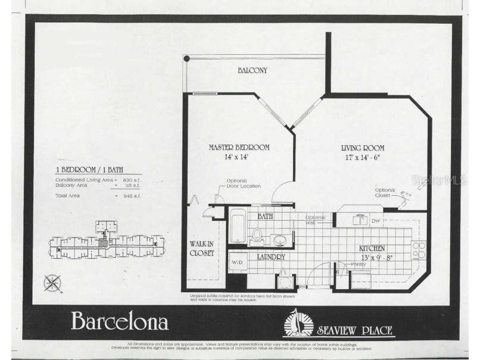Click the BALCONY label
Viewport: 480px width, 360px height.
click(253, 70)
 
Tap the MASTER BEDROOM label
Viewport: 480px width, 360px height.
click(239, 147)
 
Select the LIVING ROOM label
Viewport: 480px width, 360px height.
click(362, 148)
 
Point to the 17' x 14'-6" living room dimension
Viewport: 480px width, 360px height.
click(362, 158)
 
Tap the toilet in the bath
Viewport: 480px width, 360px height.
click(257, 234)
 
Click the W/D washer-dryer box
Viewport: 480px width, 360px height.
click(237, 262)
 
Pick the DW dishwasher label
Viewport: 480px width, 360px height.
click(375, 220)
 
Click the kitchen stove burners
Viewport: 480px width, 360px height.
click(419, 249)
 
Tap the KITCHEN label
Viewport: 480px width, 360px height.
click(372, 248)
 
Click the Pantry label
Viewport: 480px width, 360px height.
click(358, 264)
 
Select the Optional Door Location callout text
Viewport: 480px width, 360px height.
click(243, 183)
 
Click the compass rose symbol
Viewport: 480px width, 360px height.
click(52, 283)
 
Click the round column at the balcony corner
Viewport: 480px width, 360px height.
click(186, 58)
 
